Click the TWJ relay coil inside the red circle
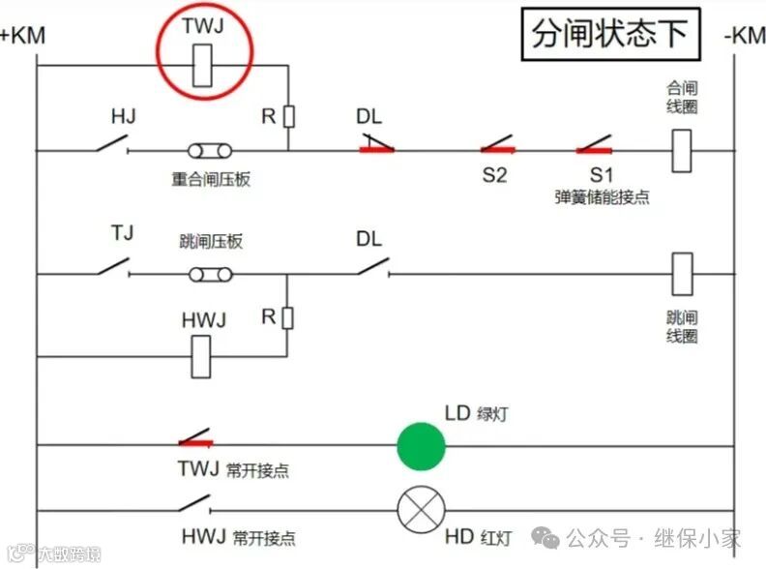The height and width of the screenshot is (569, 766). pyautogui.click(x=203, y=67)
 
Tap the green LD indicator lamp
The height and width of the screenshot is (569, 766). pyautogui.click(x=421, y=446)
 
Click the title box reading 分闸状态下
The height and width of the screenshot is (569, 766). pyautogui.click(x=609, y=35)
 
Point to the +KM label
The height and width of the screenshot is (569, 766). pyautogui.click(x=22, y=36)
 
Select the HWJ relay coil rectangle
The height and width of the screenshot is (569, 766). pyautogui.click(x=203, y=355)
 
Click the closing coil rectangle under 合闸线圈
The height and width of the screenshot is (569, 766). pyautogui.click(x=682, y=150)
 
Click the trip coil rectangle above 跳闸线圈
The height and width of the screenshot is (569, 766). pyautogui.click(x=682, y=275)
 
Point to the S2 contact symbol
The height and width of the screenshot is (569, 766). pyautogui.click(x=497, y=149)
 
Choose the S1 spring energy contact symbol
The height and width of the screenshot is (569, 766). pyautogui.click(x=594, y=149)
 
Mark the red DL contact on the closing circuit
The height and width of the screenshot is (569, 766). pyautogui.click(x=376, y=148)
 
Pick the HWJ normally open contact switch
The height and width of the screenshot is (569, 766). pyautogui.click(x=194, y=504)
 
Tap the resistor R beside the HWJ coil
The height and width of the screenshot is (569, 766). pyautogui.click(x=287, y=316)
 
